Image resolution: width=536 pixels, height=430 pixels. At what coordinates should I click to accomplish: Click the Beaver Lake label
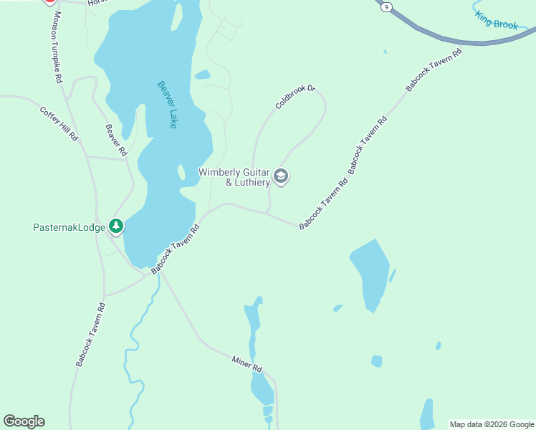coord(167,105)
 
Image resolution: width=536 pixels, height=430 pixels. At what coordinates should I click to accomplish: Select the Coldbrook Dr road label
coord(295,97)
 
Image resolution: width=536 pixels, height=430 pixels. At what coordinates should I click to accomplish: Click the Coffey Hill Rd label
coord(59,123)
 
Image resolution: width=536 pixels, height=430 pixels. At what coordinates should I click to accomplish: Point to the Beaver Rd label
coord(115,140)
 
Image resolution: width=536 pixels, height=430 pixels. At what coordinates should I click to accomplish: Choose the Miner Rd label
coord(247,363)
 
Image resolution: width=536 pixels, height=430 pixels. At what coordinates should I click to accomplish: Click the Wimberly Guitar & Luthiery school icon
coord(281,176)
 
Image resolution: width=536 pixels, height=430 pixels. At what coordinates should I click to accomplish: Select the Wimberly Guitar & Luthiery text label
coord(234,177)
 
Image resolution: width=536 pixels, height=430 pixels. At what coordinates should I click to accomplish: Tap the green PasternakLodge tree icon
coord(116,227)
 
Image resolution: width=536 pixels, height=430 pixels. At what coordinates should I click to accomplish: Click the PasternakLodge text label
coord(69,227)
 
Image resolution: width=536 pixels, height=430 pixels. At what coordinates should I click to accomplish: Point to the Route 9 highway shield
coord(387,6)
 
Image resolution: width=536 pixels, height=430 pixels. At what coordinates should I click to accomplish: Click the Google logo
coord(24,421)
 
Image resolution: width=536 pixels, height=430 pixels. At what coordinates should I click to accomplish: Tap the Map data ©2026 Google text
coord(492,424)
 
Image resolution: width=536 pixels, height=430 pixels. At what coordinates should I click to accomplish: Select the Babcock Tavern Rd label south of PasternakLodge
coord(90,335)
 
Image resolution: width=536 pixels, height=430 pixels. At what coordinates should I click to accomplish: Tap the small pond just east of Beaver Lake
coord(202,75)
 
